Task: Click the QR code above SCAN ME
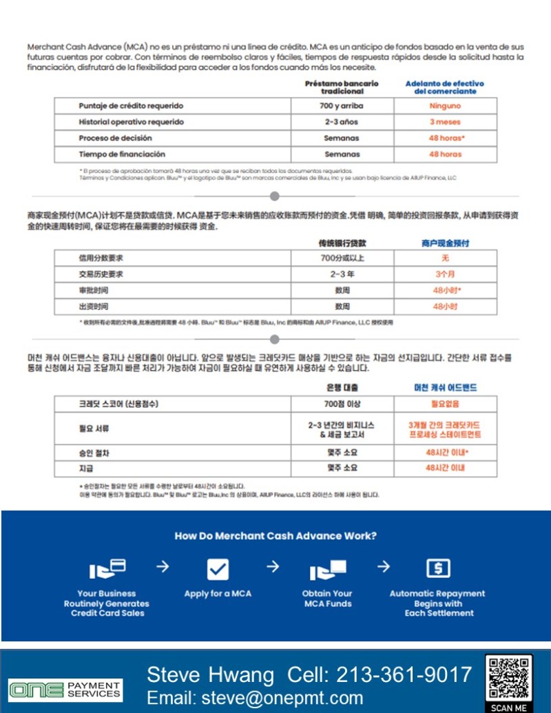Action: coord(508,679)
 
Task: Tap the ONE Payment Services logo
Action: coord(65,689)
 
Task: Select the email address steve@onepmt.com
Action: coord(255,697)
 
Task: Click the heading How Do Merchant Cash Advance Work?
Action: coord(275,536)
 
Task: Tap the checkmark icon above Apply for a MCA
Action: coord(218,569)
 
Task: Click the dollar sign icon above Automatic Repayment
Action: coord(438,568)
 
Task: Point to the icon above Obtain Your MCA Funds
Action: coord(327,570)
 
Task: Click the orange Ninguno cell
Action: coord(445,106)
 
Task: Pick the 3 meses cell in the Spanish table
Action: coord(445,122)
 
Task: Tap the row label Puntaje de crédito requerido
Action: coord(131,106)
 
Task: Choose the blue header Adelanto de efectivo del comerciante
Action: coord(444,87)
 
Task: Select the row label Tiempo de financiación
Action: coord(122,154)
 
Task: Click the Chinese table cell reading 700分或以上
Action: coord(342,258)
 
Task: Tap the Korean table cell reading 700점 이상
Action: coord(342,404)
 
